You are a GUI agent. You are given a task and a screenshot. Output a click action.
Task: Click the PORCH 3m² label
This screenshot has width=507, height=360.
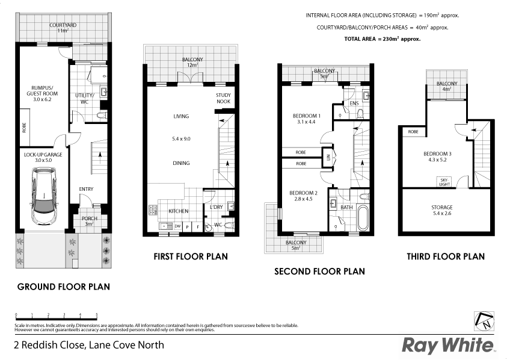click(x=89, y=221)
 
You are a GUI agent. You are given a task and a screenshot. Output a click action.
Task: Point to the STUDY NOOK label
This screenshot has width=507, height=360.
click(x=223, y=100)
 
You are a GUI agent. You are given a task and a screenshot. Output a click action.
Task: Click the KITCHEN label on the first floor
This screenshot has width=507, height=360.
click(x=179, y=211)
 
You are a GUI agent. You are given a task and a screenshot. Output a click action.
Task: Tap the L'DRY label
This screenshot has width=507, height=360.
click(x=217, y=208)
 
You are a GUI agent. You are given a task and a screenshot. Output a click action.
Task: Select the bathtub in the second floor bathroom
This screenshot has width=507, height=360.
click(x=363, y=218)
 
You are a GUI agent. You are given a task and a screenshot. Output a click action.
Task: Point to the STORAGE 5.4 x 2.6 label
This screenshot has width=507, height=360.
click(x=445, y=210)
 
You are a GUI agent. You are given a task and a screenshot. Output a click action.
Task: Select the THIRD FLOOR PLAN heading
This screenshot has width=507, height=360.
click(x=445, y=256)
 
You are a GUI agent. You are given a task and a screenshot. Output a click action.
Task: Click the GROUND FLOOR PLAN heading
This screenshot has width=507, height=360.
click(x=63, y=287)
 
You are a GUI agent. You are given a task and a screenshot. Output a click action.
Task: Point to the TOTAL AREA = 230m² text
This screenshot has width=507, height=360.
click(x=382, y=39)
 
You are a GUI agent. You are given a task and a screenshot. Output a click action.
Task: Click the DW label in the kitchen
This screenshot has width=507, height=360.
click(x=177, y=226)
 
